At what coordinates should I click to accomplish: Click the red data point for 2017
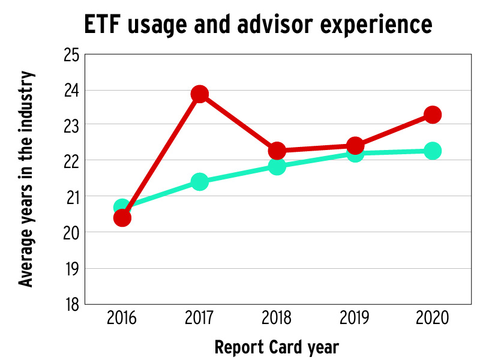tap(199, 94)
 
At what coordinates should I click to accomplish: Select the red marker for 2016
tap(122, 217)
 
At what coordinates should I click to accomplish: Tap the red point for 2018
tap(277, 150)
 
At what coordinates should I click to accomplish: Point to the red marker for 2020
tap(432, 115)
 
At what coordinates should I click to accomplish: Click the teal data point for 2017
tap(199, 181)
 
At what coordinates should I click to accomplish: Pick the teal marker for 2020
tap(432, 151)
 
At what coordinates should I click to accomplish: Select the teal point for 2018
tap(277, 166)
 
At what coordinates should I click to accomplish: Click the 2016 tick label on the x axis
tap(122, 318)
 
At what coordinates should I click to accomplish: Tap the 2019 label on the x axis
tap(355, 318)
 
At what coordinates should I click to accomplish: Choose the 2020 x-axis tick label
tap(432, 318)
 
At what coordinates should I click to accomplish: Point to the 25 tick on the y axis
tap(71, 55)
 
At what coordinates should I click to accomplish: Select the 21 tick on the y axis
tap(71, 197)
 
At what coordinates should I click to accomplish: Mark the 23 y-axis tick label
tap(71, 125)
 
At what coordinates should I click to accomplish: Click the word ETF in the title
tap(106, 25)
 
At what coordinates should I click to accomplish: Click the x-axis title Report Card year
tap(277, 347)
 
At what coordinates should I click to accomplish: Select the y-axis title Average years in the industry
tap(26, 179)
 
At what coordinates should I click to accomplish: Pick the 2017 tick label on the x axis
tap(199, 318)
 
